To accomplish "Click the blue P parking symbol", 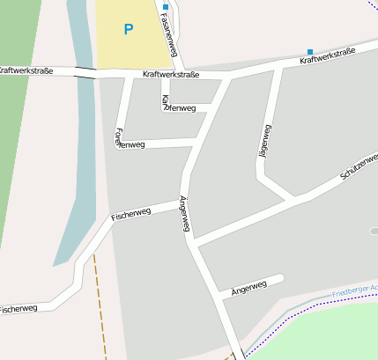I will coord(129,29).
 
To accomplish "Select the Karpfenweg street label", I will coord(179,107).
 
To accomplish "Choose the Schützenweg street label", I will coord(359,165).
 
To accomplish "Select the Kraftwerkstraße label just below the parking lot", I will coord(170,75).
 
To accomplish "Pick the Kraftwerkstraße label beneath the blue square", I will coord(327,56).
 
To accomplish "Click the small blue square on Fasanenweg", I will coord(165,6).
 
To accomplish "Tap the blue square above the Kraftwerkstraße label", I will coord(309,52).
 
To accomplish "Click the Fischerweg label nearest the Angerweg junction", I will coord(131,212).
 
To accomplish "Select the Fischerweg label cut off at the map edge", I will coord(18,309).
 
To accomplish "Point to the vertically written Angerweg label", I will coord(184,213).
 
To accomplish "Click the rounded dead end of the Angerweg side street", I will coord(280,278).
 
